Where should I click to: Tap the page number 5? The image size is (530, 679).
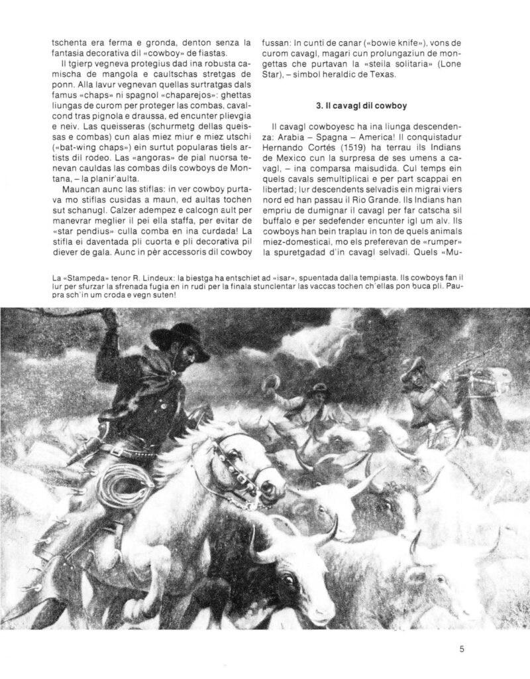[x=462, y=649]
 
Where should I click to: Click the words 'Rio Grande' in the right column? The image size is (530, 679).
[x=377, y=198]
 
